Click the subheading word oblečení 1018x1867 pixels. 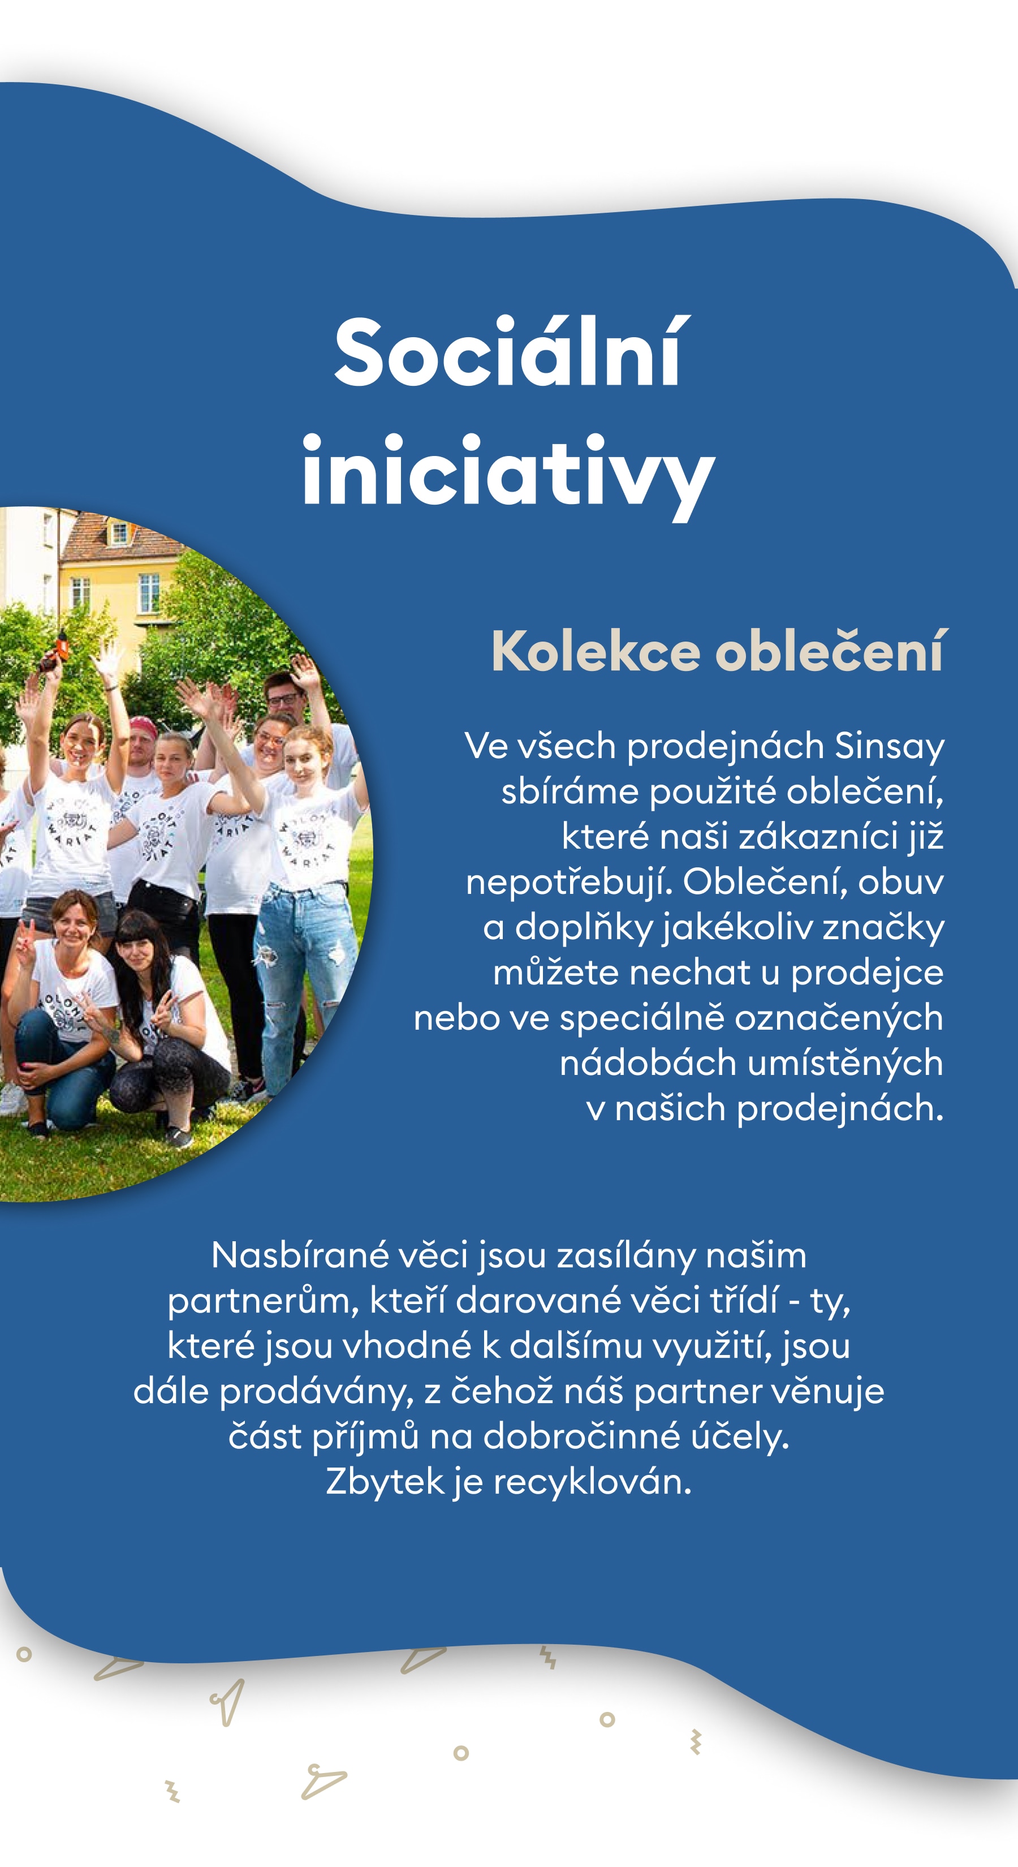coord(829,650)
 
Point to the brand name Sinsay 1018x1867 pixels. coord(889,746)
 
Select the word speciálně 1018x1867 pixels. coord(641,1018)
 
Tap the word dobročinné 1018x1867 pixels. coord(582,1436)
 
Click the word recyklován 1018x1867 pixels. coord(593,1481)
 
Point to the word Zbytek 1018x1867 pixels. coord(384,1481)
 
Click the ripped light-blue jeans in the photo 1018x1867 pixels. coord(304,964)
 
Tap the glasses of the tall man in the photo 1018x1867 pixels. coord(284,699)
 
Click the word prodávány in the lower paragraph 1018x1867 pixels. coord(316,1391)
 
